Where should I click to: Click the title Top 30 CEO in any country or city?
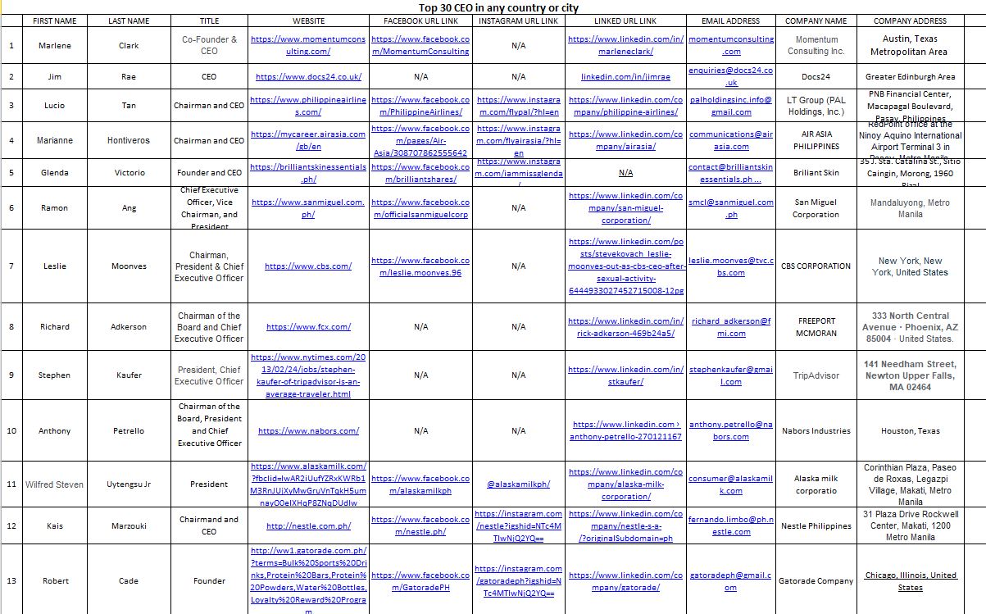click(x=493, y=7)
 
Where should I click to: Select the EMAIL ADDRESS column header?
click(x=730, y=20)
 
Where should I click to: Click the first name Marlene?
click(x=55, y=45)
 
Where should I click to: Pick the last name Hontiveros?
click(x=129, y=140)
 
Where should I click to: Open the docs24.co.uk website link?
click(x=308, y=77)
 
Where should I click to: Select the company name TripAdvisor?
click(x=816, y=375)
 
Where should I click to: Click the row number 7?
click(x=11, y=266)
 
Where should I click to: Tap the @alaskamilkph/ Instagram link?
click(x=518, y=484)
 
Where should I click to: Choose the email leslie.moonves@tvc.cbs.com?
click(x=730, y=266)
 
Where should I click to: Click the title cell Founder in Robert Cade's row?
click(x=209, y=581)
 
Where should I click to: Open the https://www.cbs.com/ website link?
click(x=308, y=266)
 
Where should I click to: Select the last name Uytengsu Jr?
click(x=129, y=484)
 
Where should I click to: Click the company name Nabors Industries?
click(x=816, y=431)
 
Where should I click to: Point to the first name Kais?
click(x=55, y=526)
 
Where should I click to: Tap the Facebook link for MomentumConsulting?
click(x=420, y=45)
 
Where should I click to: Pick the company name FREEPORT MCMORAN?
click(x=816, y=327)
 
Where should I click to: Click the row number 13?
click(x=11, y=581)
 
